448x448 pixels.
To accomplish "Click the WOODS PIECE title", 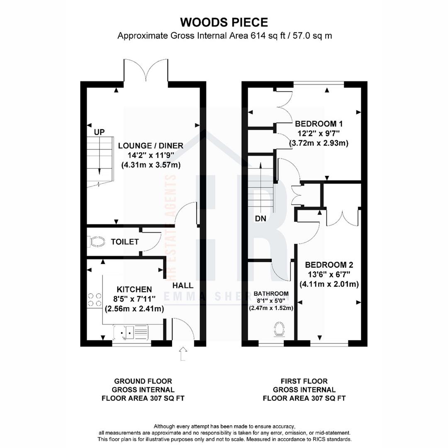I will click(224, 22).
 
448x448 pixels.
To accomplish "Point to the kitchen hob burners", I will click(95, 299).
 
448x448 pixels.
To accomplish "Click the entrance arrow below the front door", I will click(183, 355).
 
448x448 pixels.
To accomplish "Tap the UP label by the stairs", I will click(100, 132).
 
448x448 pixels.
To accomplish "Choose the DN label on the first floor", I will click(261, 219).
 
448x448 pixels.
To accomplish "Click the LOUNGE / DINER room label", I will click(151, 146).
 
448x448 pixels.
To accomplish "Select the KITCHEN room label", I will click(134, 289).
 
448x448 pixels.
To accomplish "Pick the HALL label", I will click(183, 285).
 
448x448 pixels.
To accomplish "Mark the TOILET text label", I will click(124, 242).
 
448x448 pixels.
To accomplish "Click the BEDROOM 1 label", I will click(319, 124).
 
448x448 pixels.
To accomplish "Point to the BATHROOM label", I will click(271, 293).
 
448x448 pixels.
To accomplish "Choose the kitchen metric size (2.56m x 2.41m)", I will click(134, 309).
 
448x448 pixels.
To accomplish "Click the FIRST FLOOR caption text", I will click(304, 381).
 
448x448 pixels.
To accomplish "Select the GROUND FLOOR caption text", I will click(143, 381).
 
